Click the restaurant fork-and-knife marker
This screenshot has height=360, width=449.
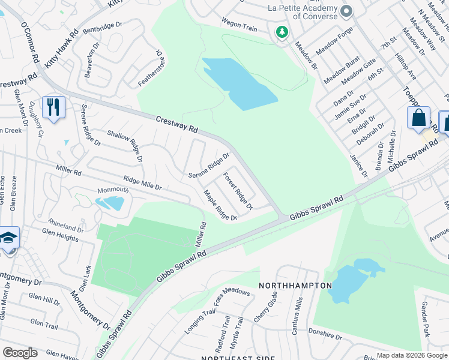[x=54, y=108]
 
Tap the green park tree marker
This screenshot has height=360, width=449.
[x=281, y=32]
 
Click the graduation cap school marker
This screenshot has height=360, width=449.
[x=8, y=239]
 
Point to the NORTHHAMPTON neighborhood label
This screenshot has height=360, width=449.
[x=295, y=286]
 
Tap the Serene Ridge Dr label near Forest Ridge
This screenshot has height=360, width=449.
[x=209, y=165]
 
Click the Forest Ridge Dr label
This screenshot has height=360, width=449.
[x=238, y=191]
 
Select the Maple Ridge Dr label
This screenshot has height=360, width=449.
[x=220, y=205]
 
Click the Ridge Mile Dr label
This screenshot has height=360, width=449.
[x=142, y=182]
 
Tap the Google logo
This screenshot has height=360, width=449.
[x=20, y=353]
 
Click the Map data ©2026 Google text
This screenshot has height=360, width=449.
[x=412, y=355]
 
